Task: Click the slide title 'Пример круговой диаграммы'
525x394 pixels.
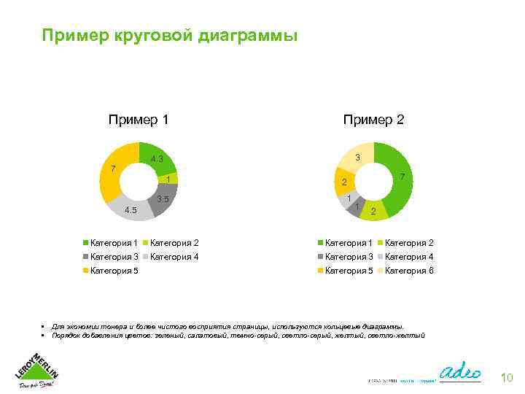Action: point(169,36)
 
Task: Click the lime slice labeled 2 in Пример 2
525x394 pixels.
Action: point(373,210)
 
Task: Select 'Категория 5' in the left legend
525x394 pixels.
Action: point(113,271)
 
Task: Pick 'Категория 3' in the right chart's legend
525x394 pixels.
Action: point(349,256)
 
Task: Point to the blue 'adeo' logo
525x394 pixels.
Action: point(462,369)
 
